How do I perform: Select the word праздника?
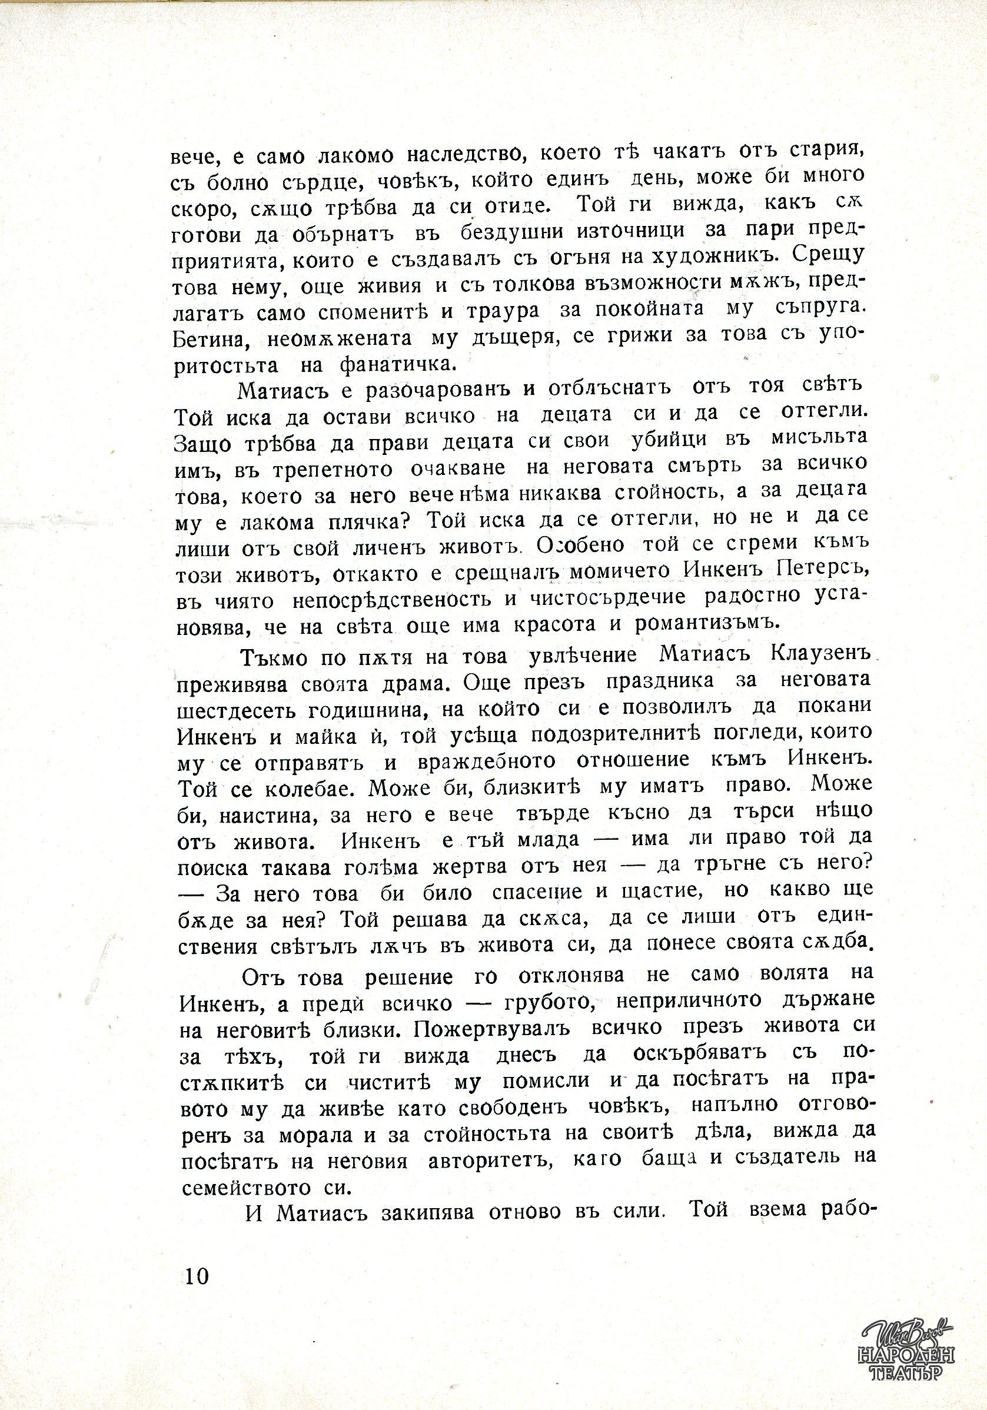click(x=660, y=682)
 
